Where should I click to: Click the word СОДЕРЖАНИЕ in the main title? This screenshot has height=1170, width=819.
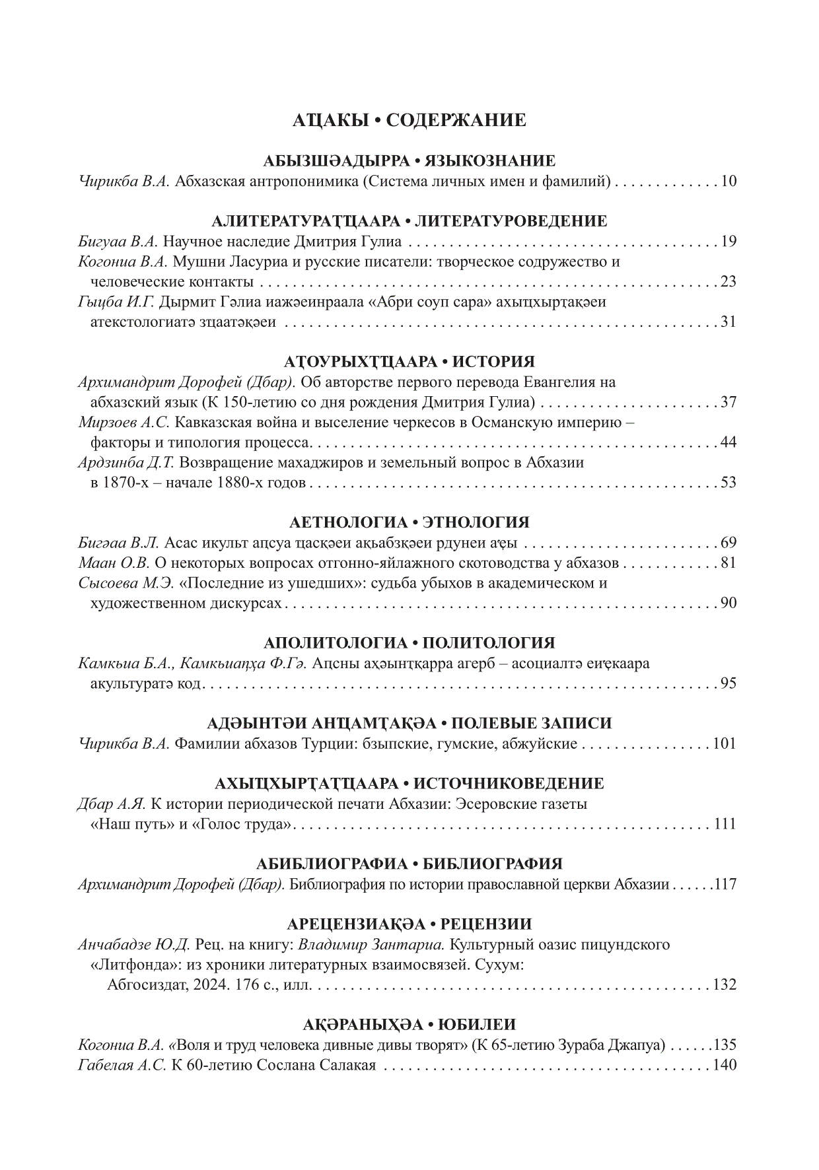pos(456,120)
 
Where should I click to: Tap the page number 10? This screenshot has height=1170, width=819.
pos(728,181)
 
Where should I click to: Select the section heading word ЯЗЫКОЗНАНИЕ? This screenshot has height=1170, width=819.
pos(489,161)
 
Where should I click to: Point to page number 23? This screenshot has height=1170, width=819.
pos(728,282)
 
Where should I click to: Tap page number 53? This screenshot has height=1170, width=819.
pos(728,483)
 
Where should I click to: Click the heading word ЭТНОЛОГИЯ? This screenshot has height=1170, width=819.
pos(476,523)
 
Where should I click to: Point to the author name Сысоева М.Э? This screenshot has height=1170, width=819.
pos(126,583)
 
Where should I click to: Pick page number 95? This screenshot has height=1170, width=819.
pos(728,683)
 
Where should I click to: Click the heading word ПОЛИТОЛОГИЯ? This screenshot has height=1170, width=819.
pos(488,643)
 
